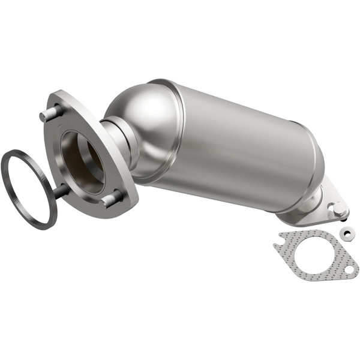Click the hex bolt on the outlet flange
click(x=338, y=208)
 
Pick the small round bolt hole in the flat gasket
click(x=349, y=269)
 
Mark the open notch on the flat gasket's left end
click(x=278, y=245)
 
